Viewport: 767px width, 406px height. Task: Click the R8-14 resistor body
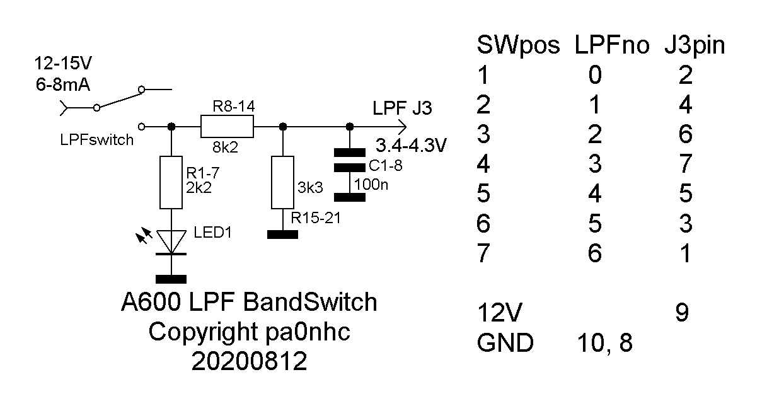point(227,127)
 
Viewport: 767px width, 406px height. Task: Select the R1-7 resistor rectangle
point(171,183)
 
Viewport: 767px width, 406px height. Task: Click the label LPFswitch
point(97,140)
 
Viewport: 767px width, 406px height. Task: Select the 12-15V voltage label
point(64,64)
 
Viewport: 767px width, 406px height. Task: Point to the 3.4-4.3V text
point(411,146)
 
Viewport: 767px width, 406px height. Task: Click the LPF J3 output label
point(402,108)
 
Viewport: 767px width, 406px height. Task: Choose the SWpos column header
point(518,46)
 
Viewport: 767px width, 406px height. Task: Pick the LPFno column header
point(611,46)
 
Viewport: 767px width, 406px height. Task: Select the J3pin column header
point(695,46)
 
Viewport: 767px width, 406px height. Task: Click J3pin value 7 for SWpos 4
point(685,164)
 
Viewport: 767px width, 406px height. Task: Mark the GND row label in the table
point(505,344)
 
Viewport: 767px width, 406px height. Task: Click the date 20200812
point(250,361)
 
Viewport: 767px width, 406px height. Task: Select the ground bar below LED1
point(171,279)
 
